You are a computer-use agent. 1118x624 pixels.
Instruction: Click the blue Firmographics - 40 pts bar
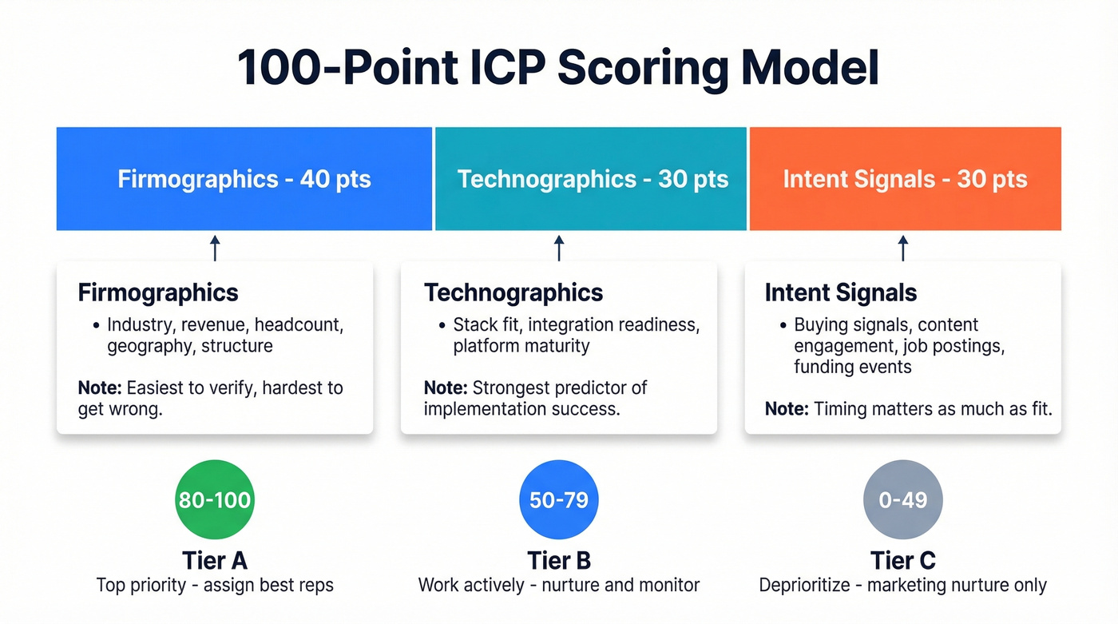pos(244,179)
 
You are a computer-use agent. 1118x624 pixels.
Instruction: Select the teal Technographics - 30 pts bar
pos(592,179)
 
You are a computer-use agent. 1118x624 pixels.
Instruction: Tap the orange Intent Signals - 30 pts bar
pos(905,179)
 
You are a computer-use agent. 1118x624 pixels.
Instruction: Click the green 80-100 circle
pos(215,500)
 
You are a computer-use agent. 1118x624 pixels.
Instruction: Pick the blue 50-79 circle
pos(559,500)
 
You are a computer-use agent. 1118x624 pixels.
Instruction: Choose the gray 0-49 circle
pos(903,500)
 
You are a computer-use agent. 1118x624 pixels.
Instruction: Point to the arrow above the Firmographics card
pos(215,248)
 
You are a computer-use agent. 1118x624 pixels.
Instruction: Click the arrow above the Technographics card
pos(559,248)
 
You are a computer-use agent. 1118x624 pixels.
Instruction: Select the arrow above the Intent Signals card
pos(903,248)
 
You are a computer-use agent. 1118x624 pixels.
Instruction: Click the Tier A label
pos(215,560)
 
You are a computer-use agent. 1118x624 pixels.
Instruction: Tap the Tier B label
pos(559,560)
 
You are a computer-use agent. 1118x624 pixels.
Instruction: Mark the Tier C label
pos(903,560)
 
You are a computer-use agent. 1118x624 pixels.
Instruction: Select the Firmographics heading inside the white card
pos(158,292)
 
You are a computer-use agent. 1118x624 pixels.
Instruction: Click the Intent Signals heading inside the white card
pos(841,292)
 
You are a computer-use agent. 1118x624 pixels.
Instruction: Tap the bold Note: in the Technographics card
pos(446,388)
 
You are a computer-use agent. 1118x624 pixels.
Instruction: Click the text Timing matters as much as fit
pos(933,409)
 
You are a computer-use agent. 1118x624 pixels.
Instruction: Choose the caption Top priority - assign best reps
pos(215,585)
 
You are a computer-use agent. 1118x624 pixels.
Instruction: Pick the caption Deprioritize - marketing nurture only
pos(902,585)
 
